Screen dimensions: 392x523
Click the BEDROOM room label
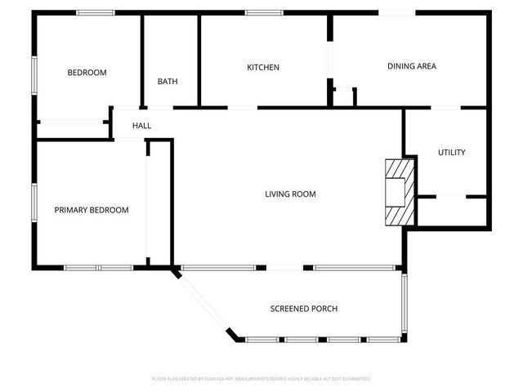coord(87,73)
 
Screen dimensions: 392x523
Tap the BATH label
coord(168,82)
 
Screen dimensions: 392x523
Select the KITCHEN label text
coord(263,67)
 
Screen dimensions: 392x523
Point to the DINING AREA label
coord(412,66)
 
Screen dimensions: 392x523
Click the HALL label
coord(142,126)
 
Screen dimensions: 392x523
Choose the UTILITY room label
coord(451,153)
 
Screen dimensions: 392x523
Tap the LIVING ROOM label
coord(290,194)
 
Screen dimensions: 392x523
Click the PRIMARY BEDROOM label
coord(92,210)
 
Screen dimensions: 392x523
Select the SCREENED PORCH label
coord(304,309)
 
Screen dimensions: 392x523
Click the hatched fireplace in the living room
coord(399,190)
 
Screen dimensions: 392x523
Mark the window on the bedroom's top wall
coord(96,12)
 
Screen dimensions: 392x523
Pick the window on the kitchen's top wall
coord(264,12)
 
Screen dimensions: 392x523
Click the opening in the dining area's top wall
coord(396,12)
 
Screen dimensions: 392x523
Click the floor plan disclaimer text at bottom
coord(261,379)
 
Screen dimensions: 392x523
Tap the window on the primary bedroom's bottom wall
coord(98,268)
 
